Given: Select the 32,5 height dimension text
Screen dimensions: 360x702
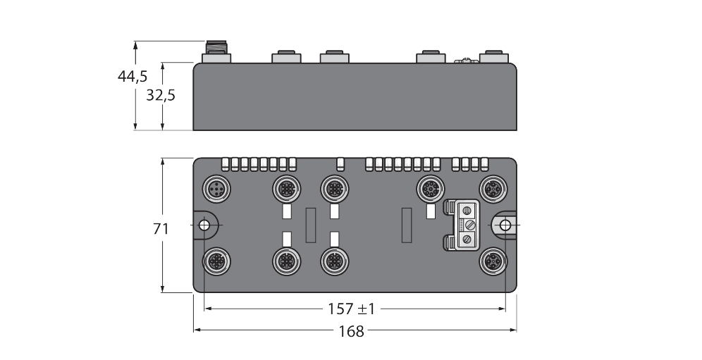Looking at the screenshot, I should [x=161, y=96].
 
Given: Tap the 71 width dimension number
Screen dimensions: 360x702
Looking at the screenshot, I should [x=162, y=229].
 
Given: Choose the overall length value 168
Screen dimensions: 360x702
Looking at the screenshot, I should [x=351, y=330].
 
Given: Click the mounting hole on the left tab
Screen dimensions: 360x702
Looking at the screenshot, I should [x=204, y=225].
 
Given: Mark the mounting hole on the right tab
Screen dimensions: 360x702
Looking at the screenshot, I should [x=505, y=225].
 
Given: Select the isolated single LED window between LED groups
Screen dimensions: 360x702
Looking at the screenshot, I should [x=340, y=164].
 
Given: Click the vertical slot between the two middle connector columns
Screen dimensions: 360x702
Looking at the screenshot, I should [x=310, y=225].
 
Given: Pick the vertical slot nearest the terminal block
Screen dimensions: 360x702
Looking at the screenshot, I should [x=406, y=225].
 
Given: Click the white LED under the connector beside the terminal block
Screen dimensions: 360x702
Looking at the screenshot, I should [x=429, y=212].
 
